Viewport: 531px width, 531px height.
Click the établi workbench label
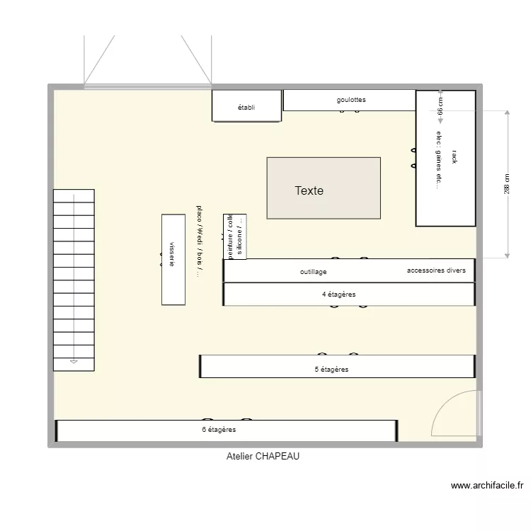pyautogui.click(x=246, y=108)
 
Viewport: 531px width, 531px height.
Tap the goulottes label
pyautogui.click(x=351, y=100)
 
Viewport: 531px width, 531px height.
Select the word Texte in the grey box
pyautogui.click(x=309, y=190)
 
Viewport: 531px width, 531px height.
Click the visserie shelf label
pyautogui.click(x=172, y=254)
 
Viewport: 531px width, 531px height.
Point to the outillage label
pyautogui.click(x=313, y=272)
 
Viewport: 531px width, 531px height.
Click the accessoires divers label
pyautogui.click(x=436, y=270)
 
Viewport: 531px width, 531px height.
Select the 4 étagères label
pyautogui.click(x=338, y=295)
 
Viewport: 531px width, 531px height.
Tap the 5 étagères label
pyautogui.click(x=331, y=370)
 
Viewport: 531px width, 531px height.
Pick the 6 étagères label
pyautogui.click(x=219, y=430)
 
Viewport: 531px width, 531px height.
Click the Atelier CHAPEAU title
pyautogui.click(x=263, y=457)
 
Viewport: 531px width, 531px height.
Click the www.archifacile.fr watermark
pyautogui.click(x=487, y=486)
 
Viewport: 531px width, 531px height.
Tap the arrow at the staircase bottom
pyautogui.click(x=74, y=362)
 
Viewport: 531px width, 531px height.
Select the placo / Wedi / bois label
pyautogui.click(x=200, y=241)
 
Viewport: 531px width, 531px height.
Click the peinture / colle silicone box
pyautogui.click(x=235, y=236)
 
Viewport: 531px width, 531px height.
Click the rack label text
pyautogui.click(x=454, y=157)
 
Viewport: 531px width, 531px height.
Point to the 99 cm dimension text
pyautogui.click(x=440, y=107)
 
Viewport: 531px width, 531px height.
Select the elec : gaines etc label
pyautogui.click(x=439, y=160)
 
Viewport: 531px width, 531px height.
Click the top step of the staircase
pyautogui.click(x=74, y=195)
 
